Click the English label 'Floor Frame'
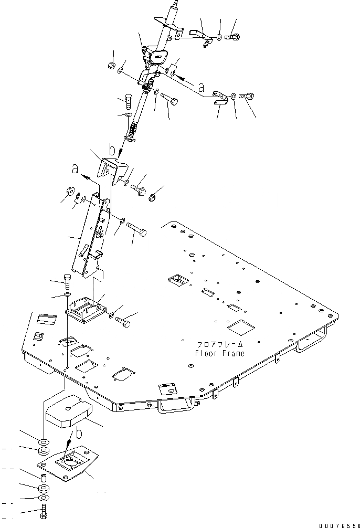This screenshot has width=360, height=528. (x=219, y=353)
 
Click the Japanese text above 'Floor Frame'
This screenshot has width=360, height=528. (x=220, y=344)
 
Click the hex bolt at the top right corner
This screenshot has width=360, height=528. (x=234, y=37)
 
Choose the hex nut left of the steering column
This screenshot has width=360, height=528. (x=111, y=66)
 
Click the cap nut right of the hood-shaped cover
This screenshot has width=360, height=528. (x=154, y=198)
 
